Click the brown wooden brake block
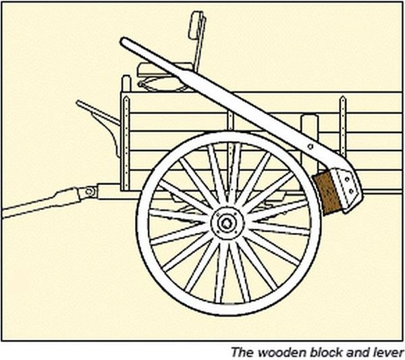coord(326,193)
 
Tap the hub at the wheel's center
coord(227,223)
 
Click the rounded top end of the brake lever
coord(124,41)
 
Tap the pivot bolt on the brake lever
coord(310,147)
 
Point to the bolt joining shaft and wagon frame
coord(90,192)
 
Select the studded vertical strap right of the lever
coord(343,126)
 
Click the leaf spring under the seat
coord(163,84)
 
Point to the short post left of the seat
coord(126,84)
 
